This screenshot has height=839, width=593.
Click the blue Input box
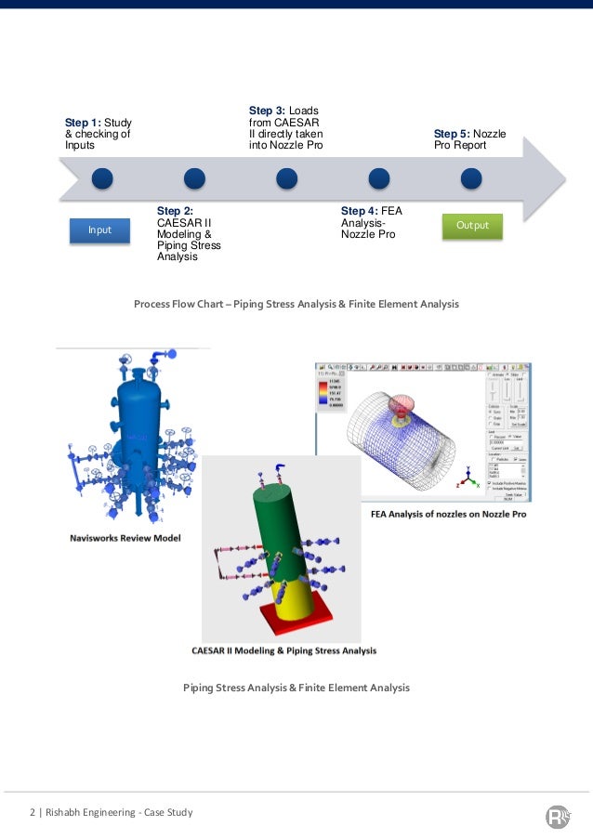point(99,229)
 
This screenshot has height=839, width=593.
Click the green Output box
point(472,226)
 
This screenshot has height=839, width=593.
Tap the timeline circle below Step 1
point(102,177)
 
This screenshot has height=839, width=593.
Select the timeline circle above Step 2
point(194,177)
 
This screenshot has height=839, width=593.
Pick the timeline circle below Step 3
point(286,177)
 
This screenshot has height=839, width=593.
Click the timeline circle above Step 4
point(378,177)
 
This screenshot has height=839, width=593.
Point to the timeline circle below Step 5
point(471,177)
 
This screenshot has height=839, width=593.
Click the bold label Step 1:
point(82,122)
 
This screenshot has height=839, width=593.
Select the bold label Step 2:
point(175,211)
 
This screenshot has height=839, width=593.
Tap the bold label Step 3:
point(267,111)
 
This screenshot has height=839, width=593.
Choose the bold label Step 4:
point(359,211)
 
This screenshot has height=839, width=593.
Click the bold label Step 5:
point(452,134)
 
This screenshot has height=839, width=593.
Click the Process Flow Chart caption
point(296,304)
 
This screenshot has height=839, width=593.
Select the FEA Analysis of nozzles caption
point(448,513)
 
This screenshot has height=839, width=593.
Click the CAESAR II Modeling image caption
point(283,651)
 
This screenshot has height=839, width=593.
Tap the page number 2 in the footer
point(31,813)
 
